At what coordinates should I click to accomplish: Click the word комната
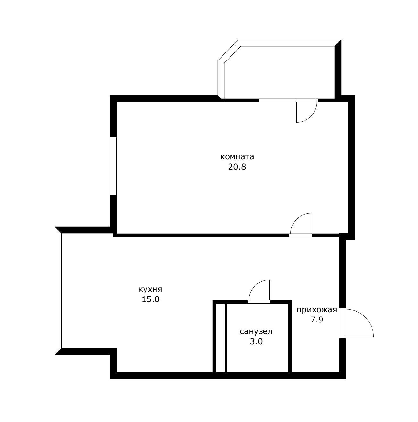pos(237,157)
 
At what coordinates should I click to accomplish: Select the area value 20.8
pos(237,167)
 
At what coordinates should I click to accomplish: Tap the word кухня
pos(150,289)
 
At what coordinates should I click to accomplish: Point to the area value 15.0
pos(150,299)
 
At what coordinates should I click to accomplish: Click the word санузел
pos(256,331)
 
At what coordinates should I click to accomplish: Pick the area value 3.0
pos(256,342)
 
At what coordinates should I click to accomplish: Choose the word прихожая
pos(317,310)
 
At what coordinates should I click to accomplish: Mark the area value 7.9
pos(317,320)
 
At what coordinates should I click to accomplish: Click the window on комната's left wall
pos(113,166)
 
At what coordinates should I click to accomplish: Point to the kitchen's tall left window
pos(58,291)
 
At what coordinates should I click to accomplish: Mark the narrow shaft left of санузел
pos(221,338)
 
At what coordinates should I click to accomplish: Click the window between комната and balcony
pos(277,100)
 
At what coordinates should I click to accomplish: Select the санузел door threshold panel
pos(259,302)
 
